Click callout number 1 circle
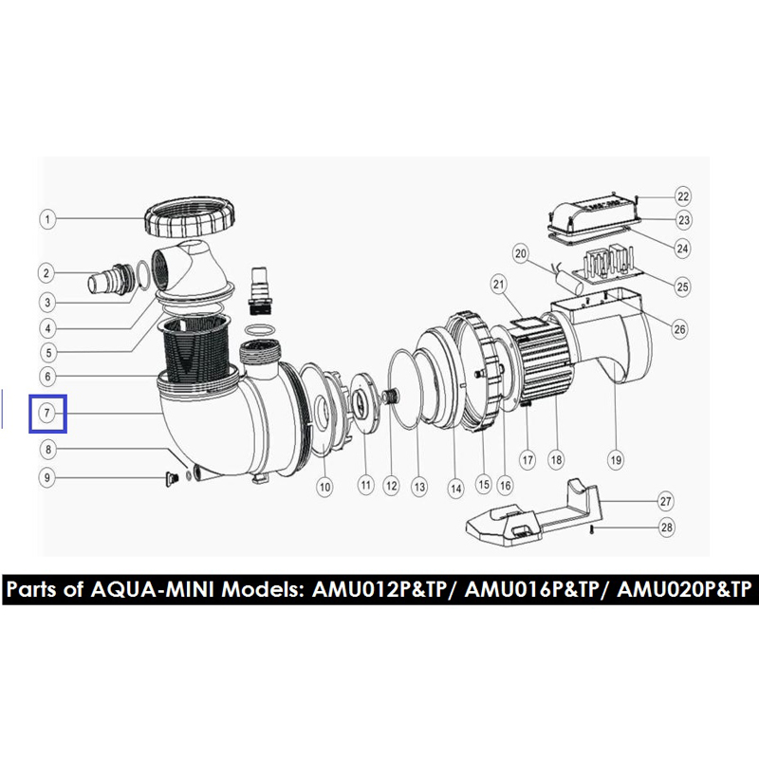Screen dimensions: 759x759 [x=47, y=219]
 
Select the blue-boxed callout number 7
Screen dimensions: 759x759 [x=46, y=413]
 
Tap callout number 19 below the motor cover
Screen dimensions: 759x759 [x=616, y=460]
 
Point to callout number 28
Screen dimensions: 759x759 [x=667, y=528]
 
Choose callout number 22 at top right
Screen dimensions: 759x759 [x=683, y=196]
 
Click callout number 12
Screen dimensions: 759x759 [x=391, y=486]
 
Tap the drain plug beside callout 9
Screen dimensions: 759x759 [x=172, y=479]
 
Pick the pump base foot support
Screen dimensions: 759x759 [x=532, y=513]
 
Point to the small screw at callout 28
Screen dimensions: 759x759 [x=591, y=530]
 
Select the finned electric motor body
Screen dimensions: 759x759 [x=542, y=356]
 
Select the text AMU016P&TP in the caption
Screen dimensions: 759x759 [x=532, y=589]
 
